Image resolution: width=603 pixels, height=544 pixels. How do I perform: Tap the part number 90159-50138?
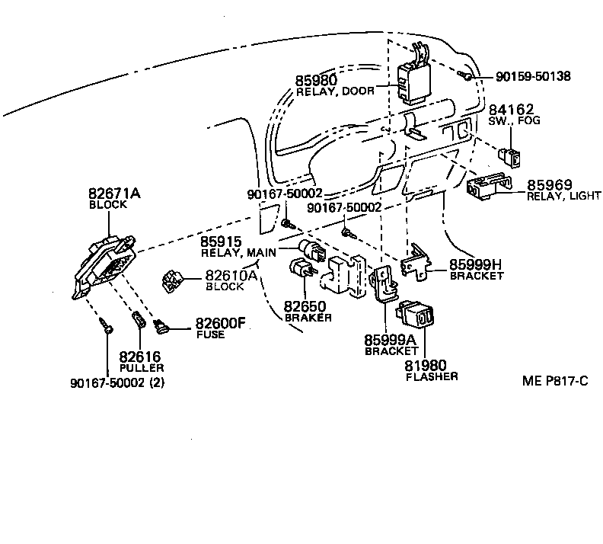(532, 76)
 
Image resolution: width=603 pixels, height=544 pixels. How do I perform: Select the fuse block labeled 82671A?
(104, 263)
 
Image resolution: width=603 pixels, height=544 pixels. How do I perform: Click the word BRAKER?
(308, 318)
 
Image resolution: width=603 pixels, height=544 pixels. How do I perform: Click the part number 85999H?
(476, 264)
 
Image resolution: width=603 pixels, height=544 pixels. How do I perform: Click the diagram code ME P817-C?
(554, 381)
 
